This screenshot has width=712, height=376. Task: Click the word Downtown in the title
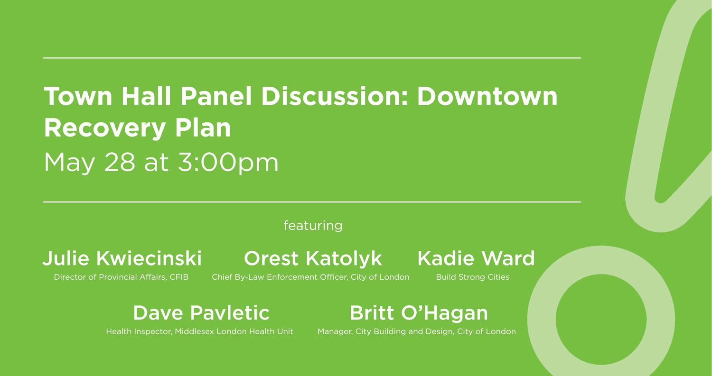point(487,96)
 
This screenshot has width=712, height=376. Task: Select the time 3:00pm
point(228,163)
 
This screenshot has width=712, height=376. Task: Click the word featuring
point(313,225)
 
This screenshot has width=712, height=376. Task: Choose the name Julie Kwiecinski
point(122,259)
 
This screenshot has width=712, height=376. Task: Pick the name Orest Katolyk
point(313,259)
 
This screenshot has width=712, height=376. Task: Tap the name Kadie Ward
point(476,259)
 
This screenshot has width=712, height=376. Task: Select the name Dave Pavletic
point(201,313)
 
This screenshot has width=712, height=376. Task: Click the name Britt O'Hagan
point(419,313)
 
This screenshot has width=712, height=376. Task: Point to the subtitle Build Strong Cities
point(472,277)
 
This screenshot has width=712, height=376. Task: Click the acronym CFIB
point(178,277)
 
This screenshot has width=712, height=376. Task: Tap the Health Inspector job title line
point(199,331)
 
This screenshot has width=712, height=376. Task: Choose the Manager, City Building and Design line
point(416,331)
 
